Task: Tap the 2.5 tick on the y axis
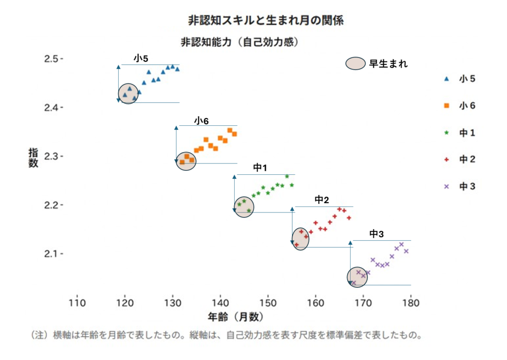[53, 59]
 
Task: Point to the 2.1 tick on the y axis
[53, 254]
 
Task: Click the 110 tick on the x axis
[77, 303]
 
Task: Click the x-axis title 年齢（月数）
[236, 316]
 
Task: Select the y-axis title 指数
[33, 158]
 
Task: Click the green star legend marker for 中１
[447, 133]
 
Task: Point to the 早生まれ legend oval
[355, 64]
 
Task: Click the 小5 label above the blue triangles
[141, 58]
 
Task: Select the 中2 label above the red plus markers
[322, 200]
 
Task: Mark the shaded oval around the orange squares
[186, 161]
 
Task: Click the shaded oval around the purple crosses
[357, 277]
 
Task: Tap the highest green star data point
[287, 176]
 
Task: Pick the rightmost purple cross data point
[406, 251]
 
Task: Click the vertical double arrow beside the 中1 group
[234, 194]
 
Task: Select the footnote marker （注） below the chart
[40, 335]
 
